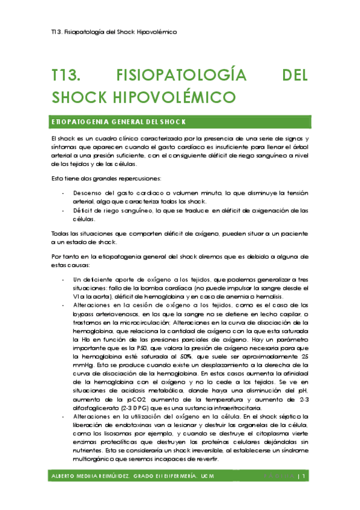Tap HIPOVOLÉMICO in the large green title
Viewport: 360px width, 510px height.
[x=162, y=96]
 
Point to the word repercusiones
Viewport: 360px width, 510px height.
[x=142, y=179]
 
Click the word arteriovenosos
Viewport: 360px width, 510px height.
[x=121, y=315]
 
